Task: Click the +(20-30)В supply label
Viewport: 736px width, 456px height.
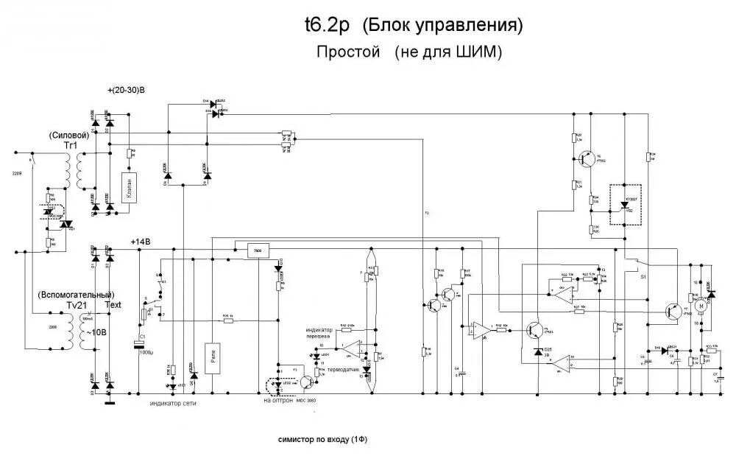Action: point(126,90)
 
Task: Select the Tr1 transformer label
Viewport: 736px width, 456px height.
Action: point(71,146)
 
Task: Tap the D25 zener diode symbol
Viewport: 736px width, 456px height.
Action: point(537,354)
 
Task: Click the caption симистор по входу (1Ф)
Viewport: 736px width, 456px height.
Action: point(322,439)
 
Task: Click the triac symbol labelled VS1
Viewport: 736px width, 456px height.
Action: point(66,224)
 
